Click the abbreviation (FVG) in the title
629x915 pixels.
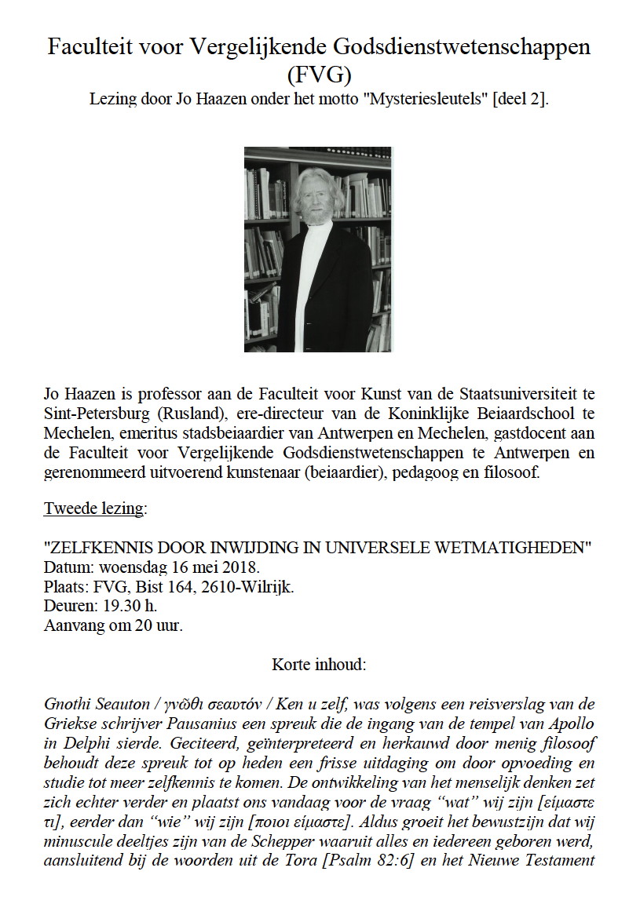(318, 75)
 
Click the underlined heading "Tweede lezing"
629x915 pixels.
(94, 509)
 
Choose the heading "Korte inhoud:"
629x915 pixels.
(318, 664)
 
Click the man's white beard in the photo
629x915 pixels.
(313, 212)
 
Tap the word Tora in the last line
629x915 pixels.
(308, 858)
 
